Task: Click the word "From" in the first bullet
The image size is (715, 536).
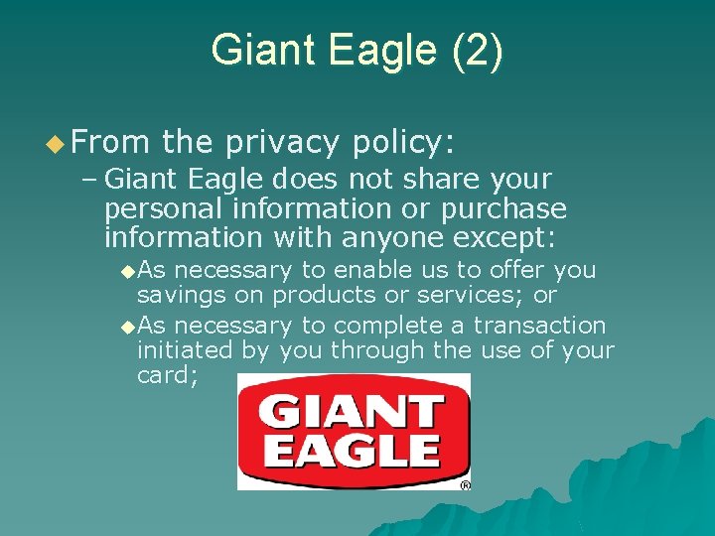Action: (x=106, y=143)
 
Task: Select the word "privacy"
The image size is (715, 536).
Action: (x=281, y=143)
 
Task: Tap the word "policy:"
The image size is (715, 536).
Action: (x=403, y=143)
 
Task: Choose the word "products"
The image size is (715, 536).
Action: (x=320, y=295)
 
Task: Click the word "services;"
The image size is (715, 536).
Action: (x=464, y=295)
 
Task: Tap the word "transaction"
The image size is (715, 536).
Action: (x=539, y=326)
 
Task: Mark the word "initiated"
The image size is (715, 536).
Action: (x=185, y=350)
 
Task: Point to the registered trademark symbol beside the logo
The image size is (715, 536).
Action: (x=465, y=485)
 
